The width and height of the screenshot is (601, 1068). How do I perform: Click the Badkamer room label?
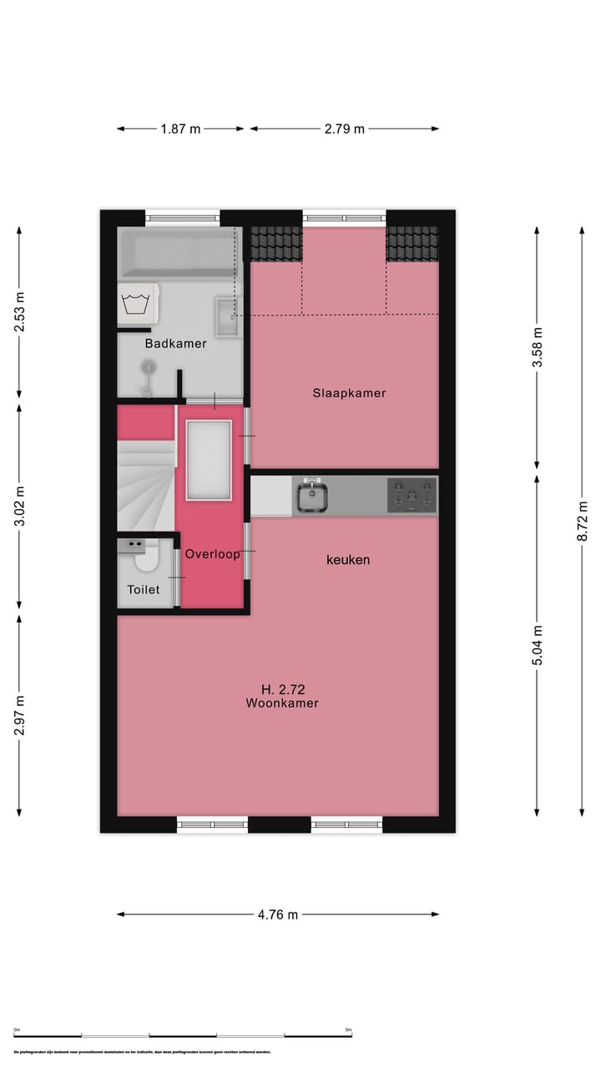coord(175,344)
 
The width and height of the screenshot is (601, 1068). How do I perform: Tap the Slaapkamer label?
coord(349,393)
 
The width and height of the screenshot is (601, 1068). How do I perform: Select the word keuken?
coord(348,560)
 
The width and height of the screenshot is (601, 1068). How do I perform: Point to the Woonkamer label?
coord(282,703)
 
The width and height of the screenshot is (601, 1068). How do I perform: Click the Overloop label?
coord(213,554)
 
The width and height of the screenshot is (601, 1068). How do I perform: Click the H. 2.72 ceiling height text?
coord(283,689)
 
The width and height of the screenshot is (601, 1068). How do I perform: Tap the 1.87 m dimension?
coord(180,129)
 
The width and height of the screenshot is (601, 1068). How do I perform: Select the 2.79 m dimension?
coord(345,129)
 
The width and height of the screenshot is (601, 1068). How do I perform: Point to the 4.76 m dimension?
coord(278,914)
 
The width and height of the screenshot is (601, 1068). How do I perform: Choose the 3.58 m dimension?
coord(537,347)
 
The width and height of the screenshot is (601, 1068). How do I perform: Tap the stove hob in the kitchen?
coord(412,496)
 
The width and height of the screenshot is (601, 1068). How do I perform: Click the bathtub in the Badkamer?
coord(178,254)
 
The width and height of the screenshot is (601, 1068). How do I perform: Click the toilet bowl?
coord(148,558)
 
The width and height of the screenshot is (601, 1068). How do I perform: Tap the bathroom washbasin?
coord(228,317)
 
